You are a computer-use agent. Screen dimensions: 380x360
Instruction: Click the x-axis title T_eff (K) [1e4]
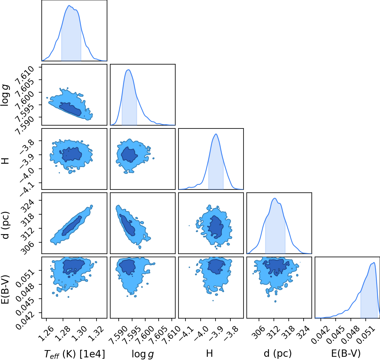point(75,354)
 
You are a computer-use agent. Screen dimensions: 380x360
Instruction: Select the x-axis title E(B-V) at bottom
point(346,353)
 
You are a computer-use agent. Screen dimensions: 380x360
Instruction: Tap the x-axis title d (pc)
point(278,354)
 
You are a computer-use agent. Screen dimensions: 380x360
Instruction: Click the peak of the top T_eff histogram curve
point(69,6)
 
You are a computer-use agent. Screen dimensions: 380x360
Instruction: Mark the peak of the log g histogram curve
point(129,70)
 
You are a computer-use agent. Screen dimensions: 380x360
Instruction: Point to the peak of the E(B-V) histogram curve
point(374,263)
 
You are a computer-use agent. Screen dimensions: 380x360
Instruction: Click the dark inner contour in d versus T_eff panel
point(72,226)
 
